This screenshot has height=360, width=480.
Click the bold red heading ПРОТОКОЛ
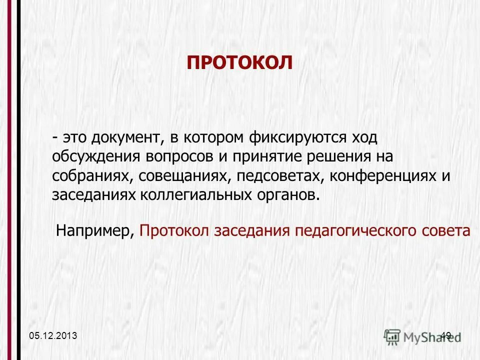pyautogui.click(x=239, y=63)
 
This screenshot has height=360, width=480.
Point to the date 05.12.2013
pyautogui.click(x=53, y=335)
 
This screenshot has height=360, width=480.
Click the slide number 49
pyautogui.click(x=446, y=335)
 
